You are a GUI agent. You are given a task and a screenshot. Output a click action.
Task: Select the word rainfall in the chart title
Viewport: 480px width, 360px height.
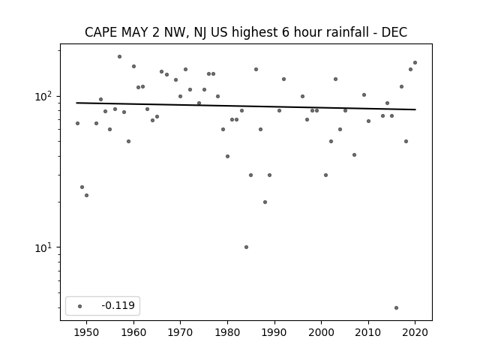point(346,32)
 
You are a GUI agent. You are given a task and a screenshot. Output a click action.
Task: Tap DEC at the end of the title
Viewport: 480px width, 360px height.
point(394,32)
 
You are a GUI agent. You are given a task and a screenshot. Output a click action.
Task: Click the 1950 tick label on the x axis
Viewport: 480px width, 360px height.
point(87,332)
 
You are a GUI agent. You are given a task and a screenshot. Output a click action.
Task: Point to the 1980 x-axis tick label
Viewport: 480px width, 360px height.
point(227,332)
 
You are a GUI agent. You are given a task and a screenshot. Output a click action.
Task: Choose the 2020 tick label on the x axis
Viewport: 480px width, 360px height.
point(415,332)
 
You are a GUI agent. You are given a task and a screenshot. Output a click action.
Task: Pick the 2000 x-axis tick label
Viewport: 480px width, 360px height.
point(322,332)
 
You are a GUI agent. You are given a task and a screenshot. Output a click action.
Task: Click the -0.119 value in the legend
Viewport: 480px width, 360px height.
point(118,305)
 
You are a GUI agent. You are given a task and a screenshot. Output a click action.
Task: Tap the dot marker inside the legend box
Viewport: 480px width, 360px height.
point(80,306)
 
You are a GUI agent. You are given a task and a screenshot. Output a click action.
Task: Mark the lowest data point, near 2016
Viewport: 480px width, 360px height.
point(397,308)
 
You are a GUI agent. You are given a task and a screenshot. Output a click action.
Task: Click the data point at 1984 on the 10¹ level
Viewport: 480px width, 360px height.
point(247,247)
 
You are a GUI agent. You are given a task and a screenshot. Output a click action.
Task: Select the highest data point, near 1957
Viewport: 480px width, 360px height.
point(120,57)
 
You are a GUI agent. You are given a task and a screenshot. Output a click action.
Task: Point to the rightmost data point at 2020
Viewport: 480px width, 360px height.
point(415,63)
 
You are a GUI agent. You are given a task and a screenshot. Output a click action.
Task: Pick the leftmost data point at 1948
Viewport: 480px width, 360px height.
point(77,123)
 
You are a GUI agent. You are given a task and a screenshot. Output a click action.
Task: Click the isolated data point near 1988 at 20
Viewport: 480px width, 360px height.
point(265,202)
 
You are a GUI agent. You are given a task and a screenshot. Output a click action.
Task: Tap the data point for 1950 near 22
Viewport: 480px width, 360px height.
point(87,195)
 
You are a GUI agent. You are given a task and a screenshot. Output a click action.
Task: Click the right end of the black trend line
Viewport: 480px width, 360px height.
point(415,109)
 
